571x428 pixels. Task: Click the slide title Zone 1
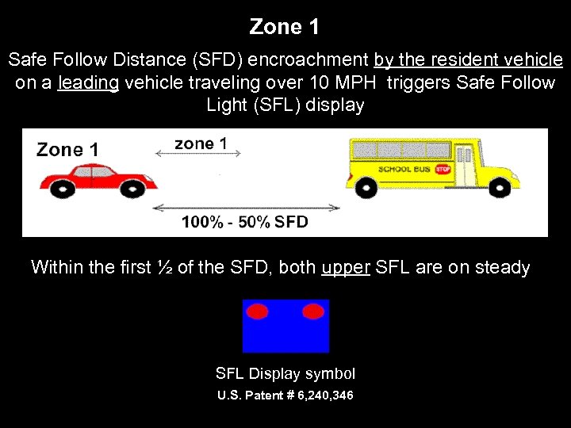click(285, 27)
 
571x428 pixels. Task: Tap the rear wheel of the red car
click(61, 187)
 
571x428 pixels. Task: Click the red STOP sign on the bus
click(443, 169)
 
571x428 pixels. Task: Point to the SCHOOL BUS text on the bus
click(404, 169)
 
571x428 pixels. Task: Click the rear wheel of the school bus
click(366, 186)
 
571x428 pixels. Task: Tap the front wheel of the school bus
click(498, 186)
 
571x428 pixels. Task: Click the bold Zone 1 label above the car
click(67, 149)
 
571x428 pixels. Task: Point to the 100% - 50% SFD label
click(244, 222)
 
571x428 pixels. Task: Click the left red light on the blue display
click(258, 311)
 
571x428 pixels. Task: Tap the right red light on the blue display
click(313, 311)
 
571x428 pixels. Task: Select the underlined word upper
click(346, 268)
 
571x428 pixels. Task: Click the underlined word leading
click(88, 83)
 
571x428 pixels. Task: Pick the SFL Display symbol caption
click(285, 373)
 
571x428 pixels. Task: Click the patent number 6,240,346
click(320, 395)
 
